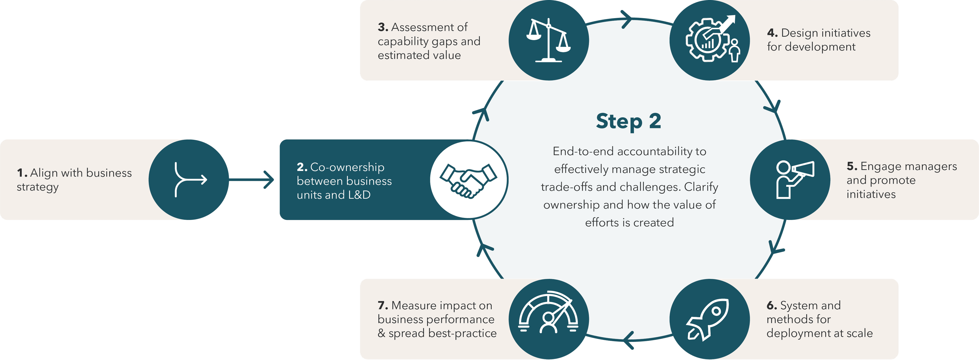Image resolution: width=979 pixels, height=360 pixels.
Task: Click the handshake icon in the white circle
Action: pyautogui.click(x=468, y=180)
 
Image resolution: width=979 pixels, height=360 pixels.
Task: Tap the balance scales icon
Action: pyautogui.click(x=548, y=40)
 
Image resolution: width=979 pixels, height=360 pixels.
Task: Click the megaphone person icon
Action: pyautogui.click(x=794, y=179)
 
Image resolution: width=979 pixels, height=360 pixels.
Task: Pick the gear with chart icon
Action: pyautogui.click(x=709, y=40)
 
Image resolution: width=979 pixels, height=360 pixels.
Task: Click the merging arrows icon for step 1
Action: pyautogui.click(x=189, y=179)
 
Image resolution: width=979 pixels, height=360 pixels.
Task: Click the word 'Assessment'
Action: pyautogui.click(x=429, y=27)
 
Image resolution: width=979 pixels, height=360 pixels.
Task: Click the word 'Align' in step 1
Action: pyautogui.click(x=44, y=173)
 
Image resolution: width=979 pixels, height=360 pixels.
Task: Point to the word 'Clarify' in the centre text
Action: pyautogui.click(x=701, y=187)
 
